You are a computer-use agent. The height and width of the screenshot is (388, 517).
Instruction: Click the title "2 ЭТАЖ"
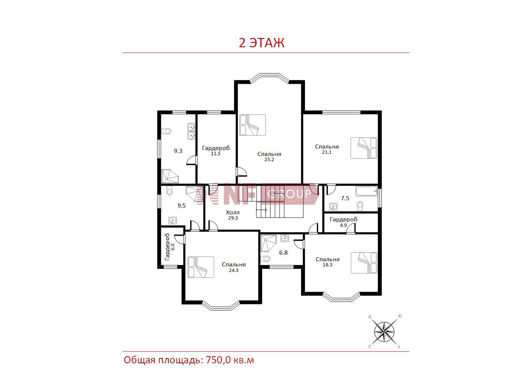pos(261,42)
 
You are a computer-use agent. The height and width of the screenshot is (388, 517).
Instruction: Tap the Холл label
pos(233,212)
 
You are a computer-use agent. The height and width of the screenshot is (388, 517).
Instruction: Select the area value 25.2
pos(269,160)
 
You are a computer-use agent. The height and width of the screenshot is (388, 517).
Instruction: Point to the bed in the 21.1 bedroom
pos(364,148)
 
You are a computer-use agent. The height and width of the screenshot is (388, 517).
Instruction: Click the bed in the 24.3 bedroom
pos(201,267)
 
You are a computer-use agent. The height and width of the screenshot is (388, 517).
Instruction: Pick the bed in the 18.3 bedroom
pos(364,263)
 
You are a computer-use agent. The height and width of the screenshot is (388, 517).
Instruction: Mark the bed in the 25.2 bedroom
pos(253,125)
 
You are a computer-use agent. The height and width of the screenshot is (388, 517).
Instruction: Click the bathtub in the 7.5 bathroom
pos(366,191)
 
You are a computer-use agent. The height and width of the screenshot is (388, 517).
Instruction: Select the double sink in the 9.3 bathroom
pos(191,131)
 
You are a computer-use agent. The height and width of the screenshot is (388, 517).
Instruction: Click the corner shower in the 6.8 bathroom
pos(268,244)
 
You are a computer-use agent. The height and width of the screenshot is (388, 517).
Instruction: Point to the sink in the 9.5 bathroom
pos(173,221)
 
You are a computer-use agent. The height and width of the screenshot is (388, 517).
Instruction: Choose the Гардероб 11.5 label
pos(216,150)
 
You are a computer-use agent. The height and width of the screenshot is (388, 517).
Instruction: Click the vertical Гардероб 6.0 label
pos(170,247)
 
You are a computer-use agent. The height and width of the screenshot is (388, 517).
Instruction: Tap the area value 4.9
pos(343,225)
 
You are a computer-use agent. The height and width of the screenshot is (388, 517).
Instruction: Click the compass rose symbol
pos(384,333)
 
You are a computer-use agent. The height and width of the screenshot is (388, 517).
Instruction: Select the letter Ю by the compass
pos(400,316)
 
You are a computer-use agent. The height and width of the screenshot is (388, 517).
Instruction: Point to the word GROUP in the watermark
pos(290,194)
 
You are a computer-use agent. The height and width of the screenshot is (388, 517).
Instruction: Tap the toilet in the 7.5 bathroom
pos(360,206)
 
